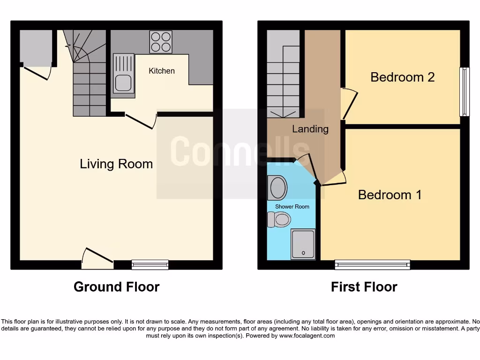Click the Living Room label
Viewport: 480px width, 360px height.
pyautogui.click(x=116, y=164)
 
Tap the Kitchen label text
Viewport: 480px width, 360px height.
pyautogui.click(x=162, y=71)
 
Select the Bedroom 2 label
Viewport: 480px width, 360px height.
pyautogui.click(x=403, y=77)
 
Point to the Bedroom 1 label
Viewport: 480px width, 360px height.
pyautogui.click(x=390, y=195)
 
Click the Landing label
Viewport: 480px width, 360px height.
pyautogui.click(x=310, y=129)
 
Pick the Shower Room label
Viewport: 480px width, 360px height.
pyautogui.click(x=292, y=206)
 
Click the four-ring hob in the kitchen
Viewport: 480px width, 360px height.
pyautogui.click(x=161, y=42)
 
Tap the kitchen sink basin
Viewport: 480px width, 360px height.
pyautogui.click(x=123, y=83)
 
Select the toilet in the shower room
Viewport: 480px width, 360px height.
pyautogui.click(x=279, y=219)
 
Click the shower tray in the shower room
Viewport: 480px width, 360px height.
pyautogui.click(x=303, y=244)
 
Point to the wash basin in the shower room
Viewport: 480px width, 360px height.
pyautogui.click(x=278, y=188)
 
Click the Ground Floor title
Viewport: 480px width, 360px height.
pyautogui.click(x=117, y=287)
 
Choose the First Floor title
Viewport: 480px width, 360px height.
pyautogui.click(x=364, y=287)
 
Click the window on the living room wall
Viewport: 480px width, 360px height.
pyautogui.click(x=150, y=265)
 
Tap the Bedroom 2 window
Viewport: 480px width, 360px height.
pyautogui.click(x=465, y=92)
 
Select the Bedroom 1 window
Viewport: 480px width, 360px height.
pyautogui.click(x=372, y=265)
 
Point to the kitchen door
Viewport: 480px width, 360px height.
pyautogui.click(x=141, y=121)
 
